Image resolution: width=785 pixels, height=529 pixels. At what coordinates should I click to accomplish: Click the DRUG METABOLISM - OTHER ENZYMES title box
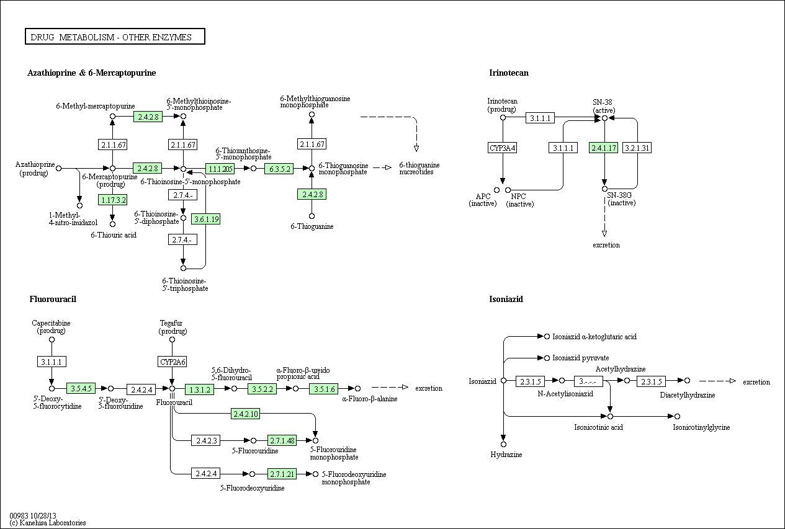[x=115, y=37]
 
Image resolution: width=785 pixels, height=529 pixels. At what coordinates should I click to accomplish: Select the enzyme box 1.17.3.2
[x=112, y=200]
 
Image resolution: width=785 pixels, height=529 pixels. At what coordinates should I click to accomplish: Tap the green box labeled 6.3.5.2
[x=279, y=169]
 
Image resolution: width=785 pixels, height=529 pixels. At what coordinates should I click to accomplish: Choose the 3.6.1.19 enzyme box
[x=206, y=220]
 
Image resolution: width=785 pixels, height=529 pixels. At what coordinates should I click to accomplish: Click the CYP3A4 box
[x=502, y=148]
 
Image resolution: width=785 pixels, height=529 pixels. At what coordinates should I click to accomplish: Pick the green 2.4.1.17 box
[x=603, y=148]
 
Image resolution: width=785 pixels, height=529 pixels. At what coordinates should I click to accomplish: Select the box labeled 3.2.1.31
[x=637, y=148]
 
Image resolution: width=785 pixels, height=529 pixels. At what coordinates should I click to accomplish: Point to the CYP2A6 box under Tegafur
[x=172, y=362]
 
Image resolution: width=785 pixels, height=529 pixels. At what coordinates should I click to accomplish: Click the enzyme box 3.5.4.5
[x=81, y=388]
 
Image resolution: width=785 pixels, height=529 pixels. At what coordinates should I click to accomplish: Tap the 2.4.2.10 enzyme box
[x=245, y=414]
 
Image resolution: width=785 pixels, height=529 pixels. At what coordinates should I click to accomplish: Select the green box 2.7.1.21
[x=282, y=474]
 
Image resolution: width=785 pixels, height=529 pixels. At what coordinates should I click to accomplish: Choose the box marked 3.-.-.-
[x=588, y=381]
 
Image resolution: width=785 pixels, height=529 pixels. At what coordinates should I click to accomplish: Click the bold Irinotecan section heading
[x=509, y=73]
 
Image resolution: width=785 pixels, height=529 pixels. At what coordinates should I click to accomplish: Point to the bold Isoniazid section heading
[x=506, y=299]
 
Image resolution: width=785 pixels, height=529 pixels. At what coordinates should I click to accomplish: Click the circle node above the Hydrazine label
[x=504, y=444]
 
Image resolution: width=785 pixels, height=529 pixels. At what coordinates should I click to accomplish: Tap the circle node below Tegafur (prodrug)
[x=172, y=339]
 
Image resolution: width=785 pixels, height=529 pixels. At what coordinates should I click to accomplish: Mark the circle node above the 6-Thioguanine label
[x=312, y=216]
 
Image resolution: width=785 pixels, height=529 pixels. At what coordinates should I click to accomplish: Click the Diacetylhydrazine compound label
[x=687, y=395]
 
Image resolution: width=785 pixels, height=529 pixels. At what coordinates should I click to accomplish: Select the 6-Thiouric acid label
[x=114, y=235]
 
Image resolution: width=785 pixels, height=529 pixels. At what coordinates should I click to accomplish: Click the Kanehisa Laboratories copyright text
[x=48, y=523]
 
